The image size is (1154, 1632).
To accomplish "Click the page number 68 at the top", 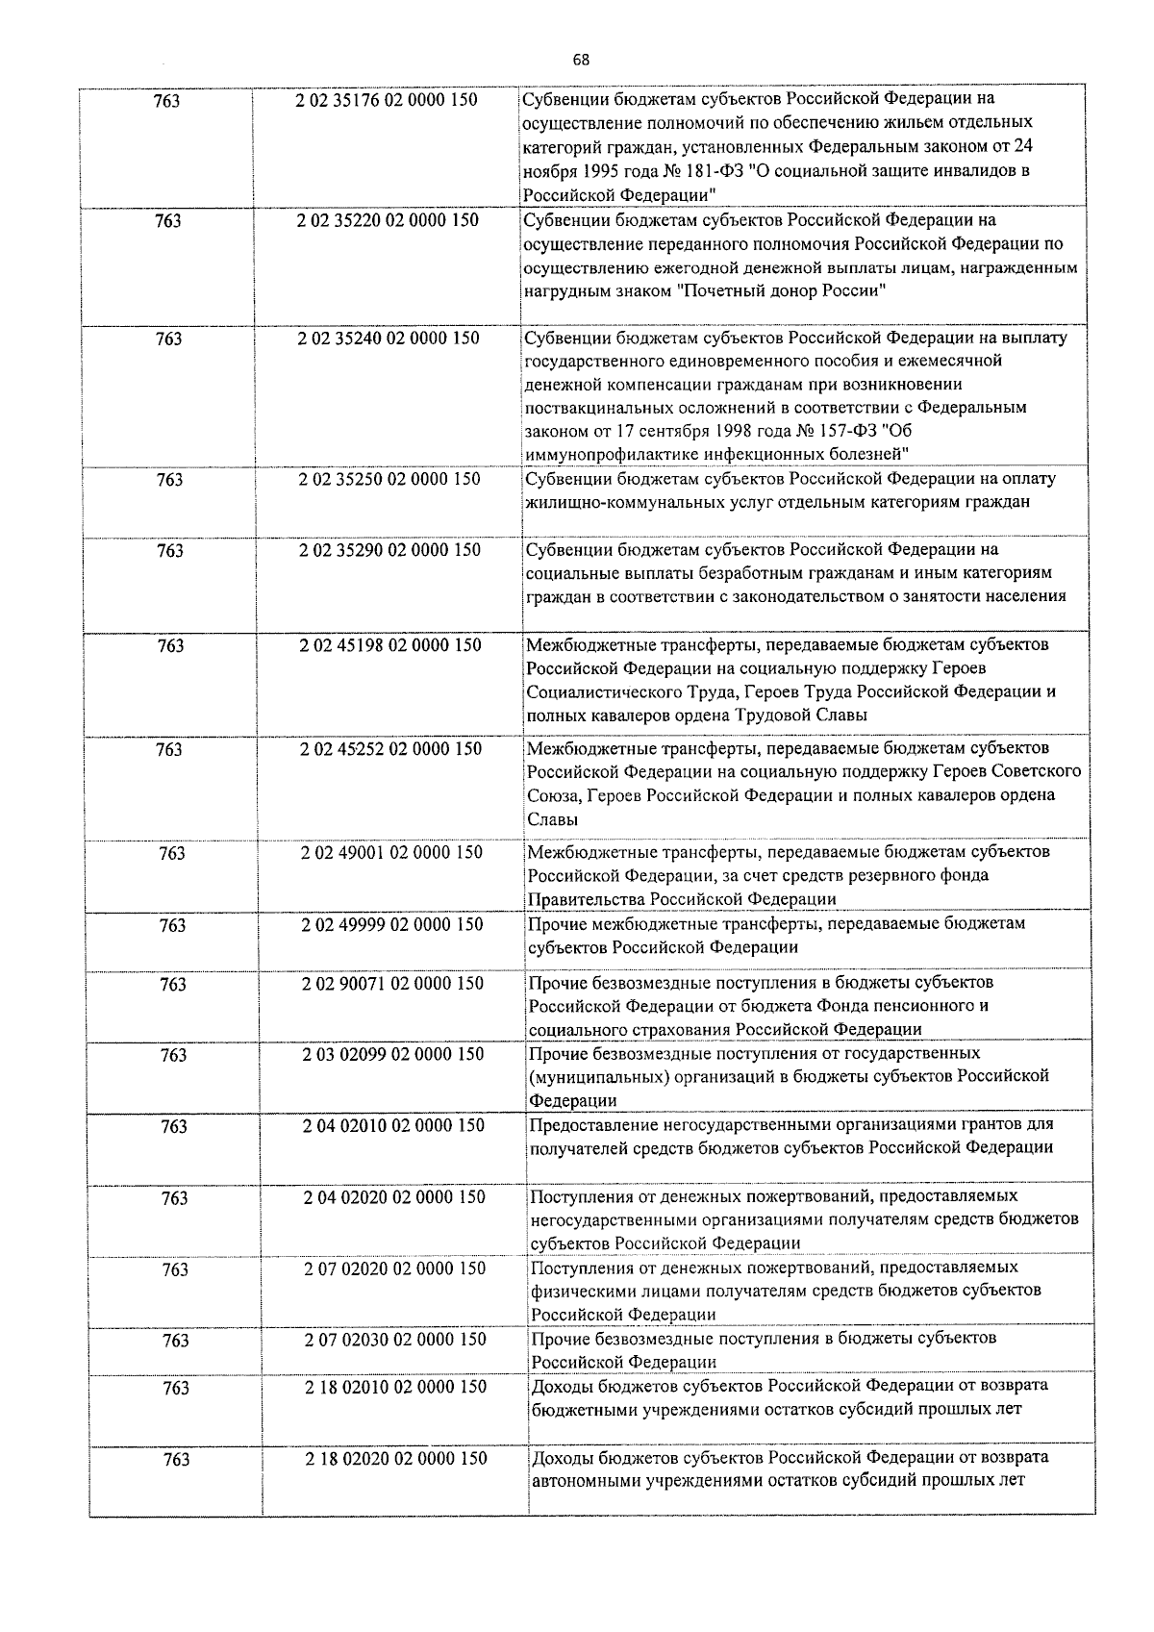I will tap(581, 60).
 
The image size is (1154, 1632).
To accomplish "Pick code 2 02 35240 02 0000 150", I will tap(389, 339).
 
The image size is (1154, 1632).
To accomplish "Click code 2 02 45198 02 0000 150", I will tap(390, 645).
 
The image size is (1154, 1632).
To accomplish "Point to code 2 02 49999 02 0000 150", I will tap(392, 924).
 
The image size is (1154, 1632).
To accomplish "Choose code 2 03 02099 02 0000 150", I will tap(393, 1054).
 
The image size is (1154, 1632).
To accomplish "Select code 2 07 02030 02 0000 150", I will tap(395, 1339).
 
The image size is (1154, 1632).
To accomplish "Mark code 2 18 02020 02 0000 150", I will tap(396, 1458).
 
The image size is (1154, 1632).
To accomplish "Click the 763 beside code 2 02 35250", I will tap(169, 479).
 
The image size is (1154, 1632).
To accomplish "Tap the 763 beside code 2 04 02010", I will tap(174, 1126).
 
